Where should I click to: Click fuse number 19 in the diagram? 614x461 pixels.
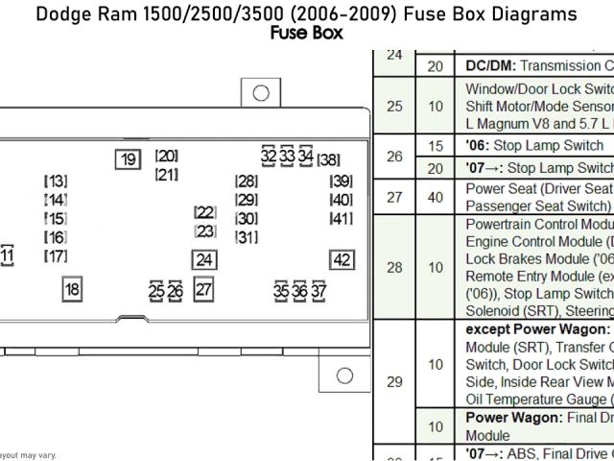[x=127, y=160]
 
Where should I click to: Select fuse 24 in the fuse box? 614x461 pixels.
[x=203, y=259]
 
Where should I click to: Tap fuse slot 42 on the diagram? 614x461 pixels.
[x=341, y=259]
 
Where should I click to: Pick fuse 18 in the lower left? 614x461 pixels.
[x=71, y=289]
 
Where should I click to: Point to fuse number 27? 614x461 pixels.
[x=203, y=289]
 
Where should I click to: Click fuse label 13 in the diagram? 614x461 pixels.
[x=56, y=182]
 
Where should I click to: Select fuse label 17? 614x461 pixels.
[x=56, y=255]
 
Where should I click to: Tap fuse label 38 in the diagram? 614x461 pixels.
[x=328, y=159]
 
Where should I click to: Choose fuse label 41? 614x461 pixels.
[x=341, y=218]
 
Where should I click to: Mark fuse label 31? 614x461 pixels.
[x=246, y=237]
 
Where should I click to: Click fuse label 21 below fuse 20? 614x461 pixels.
[x=166, y=175]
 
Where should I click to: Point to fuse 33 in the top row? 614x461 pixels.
[x=287, y=156]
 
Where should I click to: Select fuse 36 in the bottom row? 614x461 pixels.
[x=300, y=290]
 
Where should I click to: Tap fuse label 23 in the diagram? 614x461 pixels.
[x=204, y=231]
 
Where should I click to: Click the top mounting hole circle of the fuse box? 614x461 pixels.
[x=258, y=93]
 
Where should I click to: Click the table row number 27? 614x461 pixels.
[x=393, y=197]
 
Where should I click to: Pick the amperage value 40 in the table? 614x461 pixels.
[x=436, y=197]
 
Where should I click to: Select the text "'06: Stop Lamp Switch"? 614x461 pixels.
[x=534, y=146]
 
